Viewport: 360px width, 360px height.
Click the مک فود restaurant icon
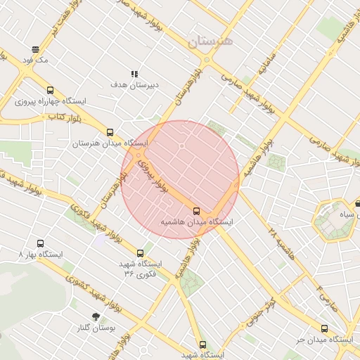(35, 49)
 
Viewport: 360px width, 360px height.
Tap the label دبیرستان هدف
(135, 84)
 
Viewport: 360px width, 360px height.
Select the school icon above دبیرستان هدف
(134, 74)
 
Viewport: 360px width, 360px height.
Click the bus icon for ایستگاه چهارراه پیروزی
(49, 90)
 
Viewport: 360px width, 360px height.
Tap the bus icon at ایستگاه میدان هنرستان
(110, 131)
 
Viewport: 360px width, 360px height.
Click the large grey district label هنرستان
(209, 41)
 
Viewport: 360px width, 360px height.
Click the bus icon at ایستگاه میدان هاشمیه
(196, 210)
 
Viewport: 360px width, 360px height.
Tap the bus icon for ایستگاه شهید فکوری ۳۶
(140, 253)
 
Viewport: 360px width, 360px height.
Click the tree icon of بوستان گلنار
(96, 316)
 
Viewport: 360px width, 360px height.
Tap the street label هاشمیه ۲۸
(278, 240)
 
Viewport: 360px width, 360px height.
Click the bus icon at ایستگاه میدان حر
(324, 328)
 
